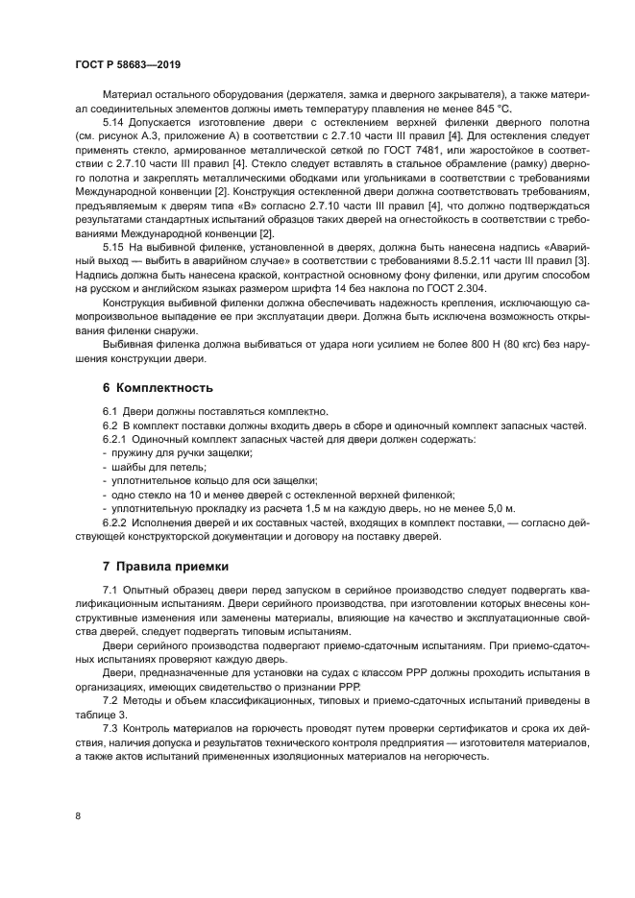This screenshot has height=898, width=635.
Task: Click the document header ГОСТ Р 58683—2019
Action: [x=127, y=64]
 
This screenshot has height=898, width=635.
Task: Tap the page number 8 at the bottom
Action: [x=78, y=815]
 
